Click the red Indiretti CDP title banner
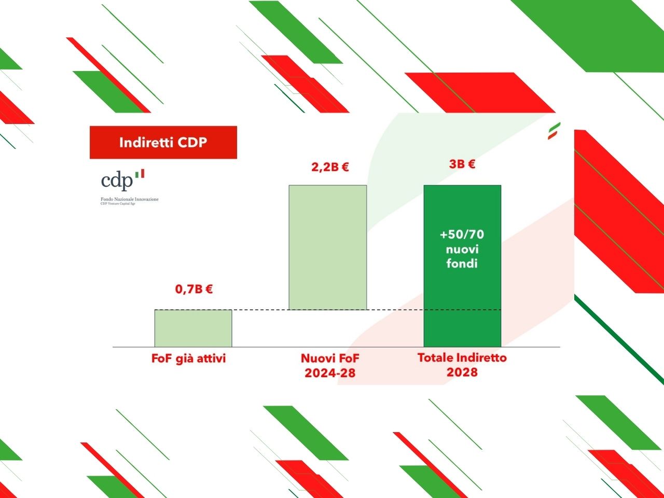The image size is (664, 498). [163, 142]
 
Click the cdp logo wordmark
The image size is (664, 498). [117, 181]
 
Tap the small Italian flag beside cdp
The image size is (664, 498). [140, 173]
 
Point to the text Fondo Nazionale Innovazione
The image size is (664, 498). [130, 199]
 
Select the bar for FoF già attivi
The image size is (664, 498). [193, 328]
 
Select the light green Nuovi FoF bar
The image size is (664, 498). [327, 247]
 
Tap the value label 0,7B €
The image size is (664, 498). [194, 289]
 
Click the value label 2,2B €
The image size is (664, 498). [330, 167]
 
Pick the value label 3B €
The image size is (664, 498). [462, 164]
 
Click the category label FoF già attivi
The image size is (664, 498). [189, 358]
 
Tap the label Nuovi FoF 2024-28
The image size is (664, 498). [330, 365]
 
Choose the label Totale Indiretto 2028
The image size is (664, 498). [462, 365]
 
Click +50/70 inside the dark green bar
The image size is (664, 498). [462, 234]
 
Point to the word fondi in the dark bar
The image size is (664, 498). [462, 264]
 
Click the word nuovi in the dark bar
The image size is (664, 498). [462, 249]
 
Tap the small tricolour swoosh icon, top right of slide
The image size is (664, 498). [554, 131]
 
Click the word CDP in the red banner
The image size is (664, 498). [193, 142]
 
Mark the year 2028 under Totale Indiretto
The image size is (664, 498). [462, 372]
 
